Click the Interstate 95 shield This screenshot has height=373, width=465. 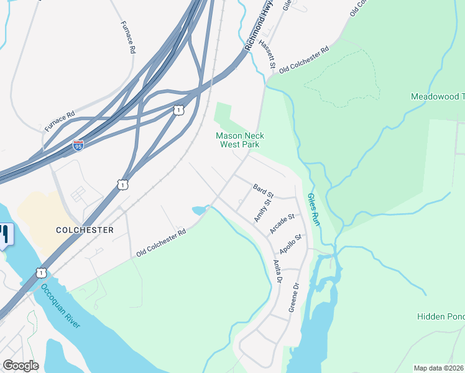[78, 145]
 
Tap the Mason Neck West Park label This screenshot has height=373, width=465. [239, 140]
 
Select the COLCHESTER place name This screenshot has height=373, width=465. [85, 229]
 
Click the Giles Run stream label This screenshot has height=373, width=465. [313, 209]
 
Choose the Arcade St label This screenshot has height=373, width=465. [281, 223]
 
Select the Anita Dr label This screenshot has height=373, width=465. [277, 271]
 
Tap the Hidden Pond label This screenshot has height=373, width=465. [440, 317]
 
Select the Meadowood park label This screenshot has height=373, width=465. [438, 96]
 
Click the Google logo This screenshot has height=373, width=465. [21, 366]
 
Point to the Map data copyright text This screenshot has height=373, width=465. [439, 368]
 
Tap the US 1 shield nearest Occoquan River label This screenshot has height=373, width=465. [41, 272]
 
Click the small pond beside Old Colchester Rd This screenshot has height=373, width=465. [200, 211]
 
